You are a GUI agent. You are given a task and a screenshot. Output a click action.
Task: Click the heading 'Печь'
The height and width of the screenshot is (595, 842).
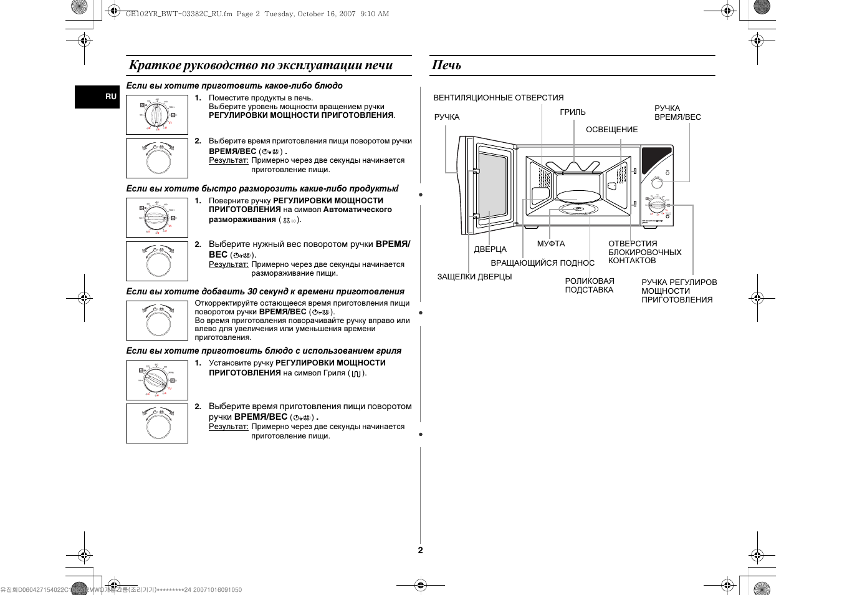[446, 65]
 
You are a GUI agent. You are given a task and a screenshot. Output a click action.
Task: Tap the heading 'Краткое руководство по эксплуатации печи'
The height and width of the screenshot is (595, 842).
[261, 65]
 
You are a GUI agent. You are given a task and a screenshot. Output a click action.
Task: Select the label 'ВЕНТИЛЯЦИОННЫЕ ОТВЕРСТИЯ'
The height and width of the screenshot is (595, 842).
[498, 98]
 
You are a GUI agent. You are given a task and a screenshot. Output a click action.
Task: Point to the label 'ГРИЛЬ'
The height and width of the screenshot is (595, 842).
[573, 112]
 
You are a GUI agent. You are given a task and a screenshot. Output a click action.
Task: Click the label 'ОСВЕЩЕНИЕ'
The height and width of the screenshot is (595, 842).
[611, 130]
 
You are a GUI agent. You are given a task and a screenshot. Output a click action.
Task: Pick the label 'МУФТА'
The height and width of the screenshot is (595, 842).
[551, 244]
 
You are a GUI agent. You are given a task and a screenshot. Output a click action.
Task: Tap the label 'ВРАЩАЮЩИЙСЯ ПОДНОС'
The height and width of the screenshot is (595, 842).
[542, 263]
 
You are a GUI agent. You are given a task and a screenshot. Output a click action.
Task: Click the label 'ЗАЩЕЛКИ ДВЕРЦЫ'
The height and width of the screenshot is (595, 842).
[474, 277]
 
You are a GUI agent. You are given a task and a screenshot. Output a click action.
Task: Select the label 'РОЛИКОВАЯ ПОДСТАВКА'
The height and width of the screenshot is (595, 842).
[590, 286]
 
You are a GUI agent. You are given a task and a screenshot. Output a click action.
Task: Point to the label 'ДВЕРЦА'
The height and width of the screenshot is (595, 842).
[490, 249]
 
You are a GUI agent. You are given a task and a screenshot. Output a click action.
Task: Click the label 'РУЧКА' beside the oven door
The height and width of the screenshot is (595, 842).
[447, 117]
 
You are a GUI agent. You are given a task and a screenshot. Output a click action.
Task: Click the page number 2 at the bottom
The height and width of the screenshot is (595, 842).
[420, 550]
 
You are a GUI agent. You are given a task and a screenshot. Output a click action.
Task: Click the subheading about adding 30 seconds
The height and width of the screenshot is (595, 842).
[265, 291]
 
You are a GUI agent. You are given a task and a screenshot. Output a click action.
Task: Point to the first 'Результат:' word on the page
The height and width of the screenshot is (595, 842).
[228, 160]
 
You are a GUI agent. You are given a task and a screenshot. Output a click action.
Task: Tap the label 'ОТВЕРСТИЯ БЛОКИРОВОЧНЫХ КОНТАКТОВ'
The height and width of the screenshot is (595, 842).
[644, 252]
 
